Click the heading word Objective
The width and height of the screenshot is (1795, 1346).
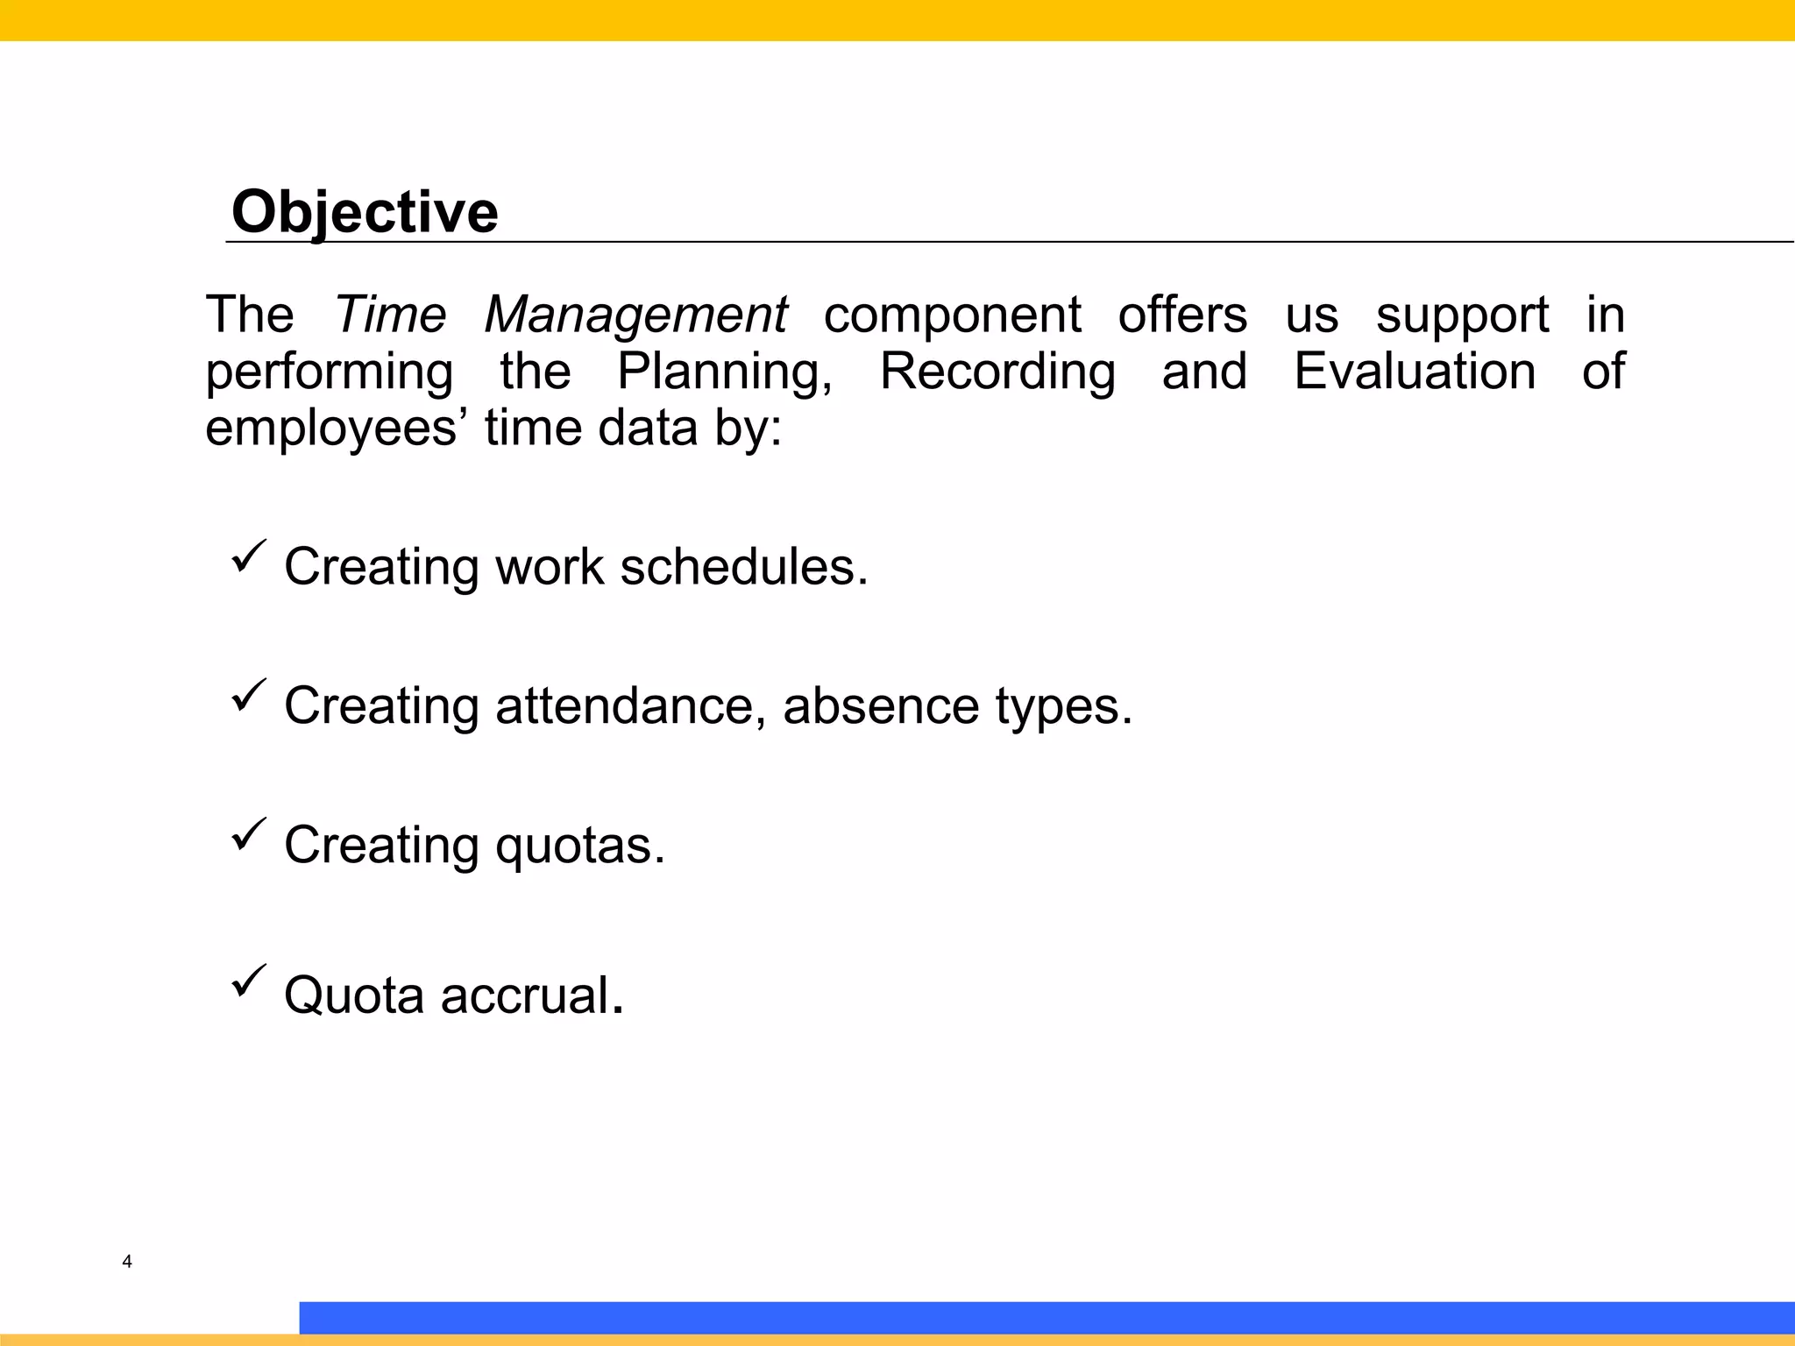pos(365,212)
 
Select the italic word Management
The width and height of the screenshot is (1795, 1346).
pos(635,315)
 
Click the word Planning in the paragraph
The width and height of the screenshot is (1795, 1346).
pos(724,372)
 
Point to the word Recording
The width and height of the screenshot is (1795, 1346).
pos(997,372)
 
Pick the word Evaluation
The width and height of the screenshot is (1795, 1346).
pos(1415,371)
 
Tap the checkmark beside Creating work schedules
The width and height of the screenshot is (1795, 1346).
pos(248,556)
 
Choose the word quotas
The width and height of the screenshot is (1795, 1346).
pos(579,846)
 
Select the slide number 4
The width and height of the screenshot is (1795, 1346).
pos(127,1262)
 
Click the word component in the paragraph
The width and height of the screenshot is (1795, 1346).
pos(952,315)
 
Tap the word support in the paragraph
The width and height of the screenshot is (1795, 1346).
pos(1462,315)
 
